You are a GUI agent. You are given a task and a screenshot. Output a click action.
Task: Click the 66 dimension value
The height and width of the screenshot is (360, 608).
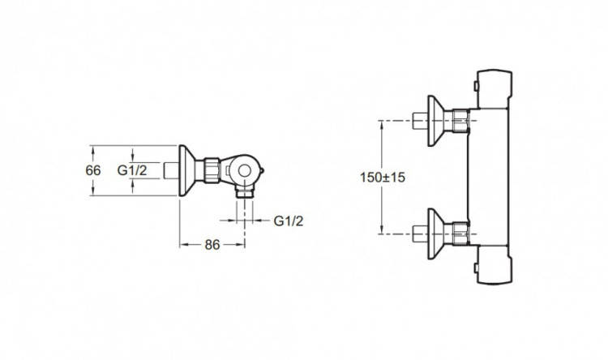click(93, 171)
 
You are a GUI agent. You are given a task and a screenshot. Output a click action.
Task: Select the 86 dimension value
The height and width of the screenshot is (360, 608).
click(212, 245)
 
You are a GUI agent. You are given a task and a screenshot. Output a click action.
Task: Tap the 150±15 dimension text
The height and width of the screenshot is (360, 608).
click(383, 178)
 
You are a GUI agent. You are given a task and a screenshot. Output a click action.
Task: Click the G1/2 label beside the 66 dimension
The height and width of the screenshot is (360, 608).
click(132, 170)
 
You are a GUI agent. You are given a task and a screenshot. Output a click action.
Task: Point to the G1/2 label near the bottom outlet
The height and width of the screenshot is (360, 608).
click(289, 221)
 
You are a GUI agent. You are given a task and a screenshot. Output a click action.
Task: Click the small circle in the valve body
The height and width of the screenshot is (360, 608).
click(244, 170)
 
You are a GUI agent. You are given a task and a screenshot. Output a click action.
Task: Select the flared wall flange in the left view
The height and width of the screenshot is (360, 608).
click(187, 171)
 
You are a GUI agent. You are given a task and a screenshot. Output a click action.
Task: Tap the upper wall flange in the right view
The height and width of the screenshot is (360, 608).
click(436, 121)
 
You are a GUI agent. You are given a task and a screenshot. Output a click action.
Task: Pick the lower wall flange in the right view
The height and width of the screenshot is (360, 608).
click(436, 234)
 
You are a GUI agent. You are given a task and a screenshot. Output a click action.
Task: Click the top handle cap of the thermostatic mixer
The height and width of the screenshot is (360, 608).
click(495, 89)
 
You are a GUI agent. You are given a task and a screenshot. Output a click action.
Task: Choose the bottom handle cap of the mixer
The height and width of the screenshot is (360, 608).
click(495, 265)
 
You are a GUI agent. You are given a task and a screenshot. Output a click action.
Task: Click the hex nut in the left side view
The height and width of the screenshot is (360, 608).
click(212, 170)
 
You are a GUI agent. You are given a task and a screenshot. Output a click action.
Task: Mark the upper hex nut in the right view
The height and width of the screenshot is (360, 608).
click(460, 121)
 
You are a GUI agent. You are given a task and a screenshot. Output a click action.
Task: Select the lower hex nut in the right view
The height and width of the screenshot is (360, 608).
click(460, 234)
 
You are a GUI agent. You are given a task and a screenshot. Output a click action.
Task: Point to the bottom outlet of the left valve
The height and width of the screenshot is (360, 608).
click(244, 192)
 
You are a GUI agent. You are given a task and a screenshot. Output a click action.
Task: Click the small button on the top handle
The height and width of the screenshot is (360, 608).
click(475, 86)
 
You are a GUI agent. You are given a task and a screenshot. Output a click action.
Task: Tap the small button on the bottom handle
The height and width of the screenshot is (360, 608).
click(475, 268)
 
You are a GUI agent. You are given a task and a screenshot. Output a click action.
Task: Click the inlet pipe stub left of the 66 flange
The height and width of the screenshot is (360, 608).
click(171, 171)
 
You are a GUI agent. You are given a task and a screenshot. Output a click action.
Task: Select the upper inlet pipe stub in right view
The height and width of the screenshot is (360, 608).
click(420, 121)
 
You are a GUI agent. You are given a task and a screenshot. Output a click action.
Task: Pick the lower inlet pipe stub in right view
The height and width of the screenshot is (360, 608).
click(420, 234)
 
